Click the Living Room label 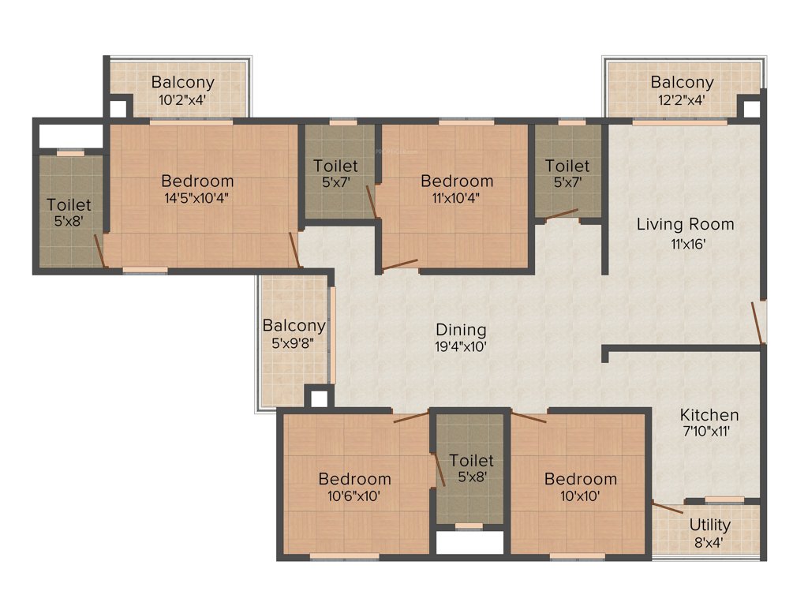click(685, 224)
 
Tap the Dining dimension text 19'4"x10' click(462, 346)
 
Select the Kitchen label click(709, 414)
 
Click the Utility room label click(709, 525)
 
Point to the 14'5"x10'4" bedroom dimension click(197, 198)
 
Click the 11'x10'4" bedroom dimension click(457, 198)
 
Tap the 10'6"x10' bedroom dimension click(354, 496)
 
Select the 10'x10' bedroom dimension click(580, 496)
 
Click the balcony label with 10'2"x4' click(183, 82)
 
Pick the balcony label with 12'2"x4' click(682, 82)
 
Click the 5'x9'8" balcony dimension click(294, 343)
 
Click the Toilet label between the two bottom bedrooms click(471, 460)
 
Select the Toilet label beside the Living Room click(567, 166)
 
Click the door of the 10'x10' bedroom click(529, 417)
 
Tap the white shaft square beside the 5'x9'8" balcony click(319, 398)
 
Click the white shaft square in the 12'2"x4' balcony click(750, 108)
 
